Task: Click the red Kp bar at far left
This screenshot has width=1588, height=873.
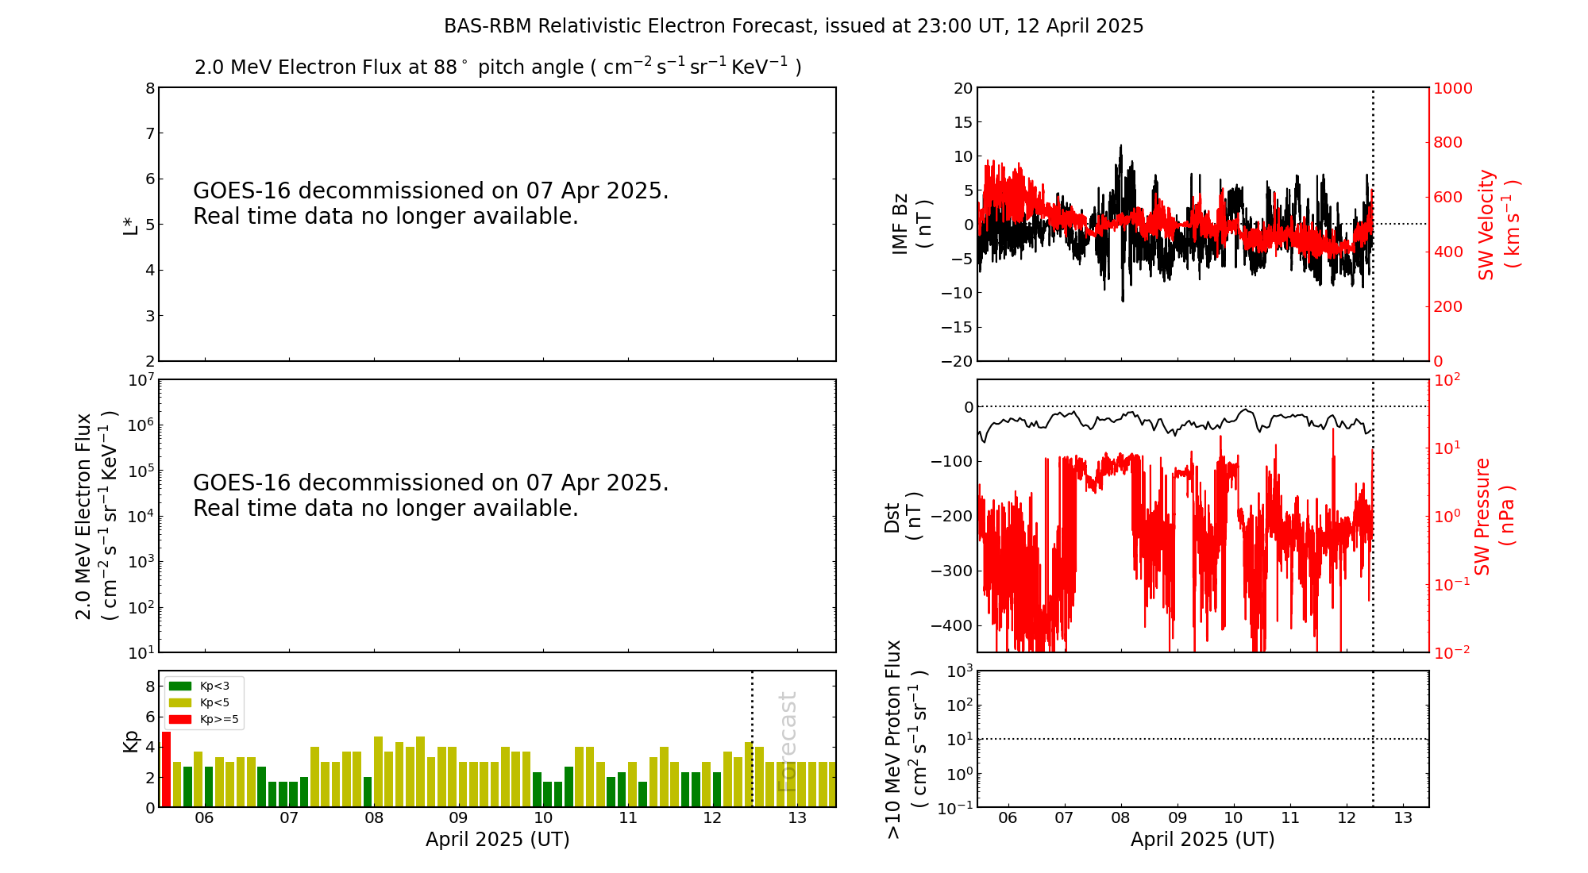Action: point(166,769)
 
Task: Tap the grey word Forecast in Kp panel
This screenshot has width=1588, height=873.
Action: point(787,741)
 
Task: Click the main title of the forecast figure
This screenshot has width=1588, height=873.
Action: point(793,26)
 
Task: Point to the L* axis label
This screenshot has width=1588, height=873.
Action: point(130,225)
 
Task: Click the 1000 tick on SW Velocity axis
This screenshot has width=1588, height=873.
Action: point(1451,88)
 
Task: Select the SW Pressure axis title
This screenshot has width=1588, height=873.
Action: point(1494,516)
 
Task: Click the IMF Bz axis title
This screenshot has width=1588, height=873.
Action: point(911,224)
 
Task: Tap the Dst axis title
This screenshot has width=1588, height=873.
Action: point(903,516)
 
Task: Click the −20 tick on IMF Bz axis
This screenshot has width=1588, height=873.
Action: point(957,361)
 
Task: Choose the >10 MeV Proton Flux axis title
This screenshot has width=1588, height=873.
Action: point(906,739)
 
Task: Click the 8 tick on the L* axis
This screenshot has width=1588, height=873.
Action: point(149,88)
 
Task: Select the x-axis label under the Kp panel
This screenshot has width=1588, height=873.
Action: point(497,840)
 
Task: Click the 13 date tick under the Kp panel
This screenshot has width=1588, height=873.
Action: point(797,818)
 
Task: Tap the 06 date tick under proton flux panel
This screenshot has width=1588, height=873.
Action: point(1008,818)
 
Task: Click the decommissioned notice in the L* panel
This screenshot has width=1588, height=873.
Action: point(430,203)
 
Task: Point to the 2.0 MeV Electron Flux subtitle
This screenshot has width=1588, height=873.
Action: point(497,67)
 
